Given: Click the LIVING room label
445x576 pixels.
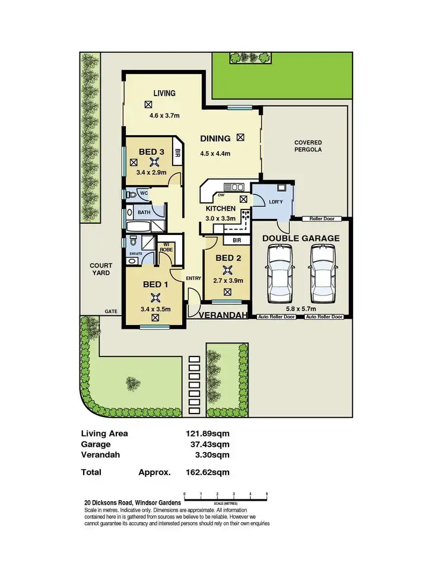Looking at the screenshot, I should (x=164, y=93).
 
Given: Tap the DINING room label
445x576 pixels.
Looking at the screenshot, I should (x=215, y=139).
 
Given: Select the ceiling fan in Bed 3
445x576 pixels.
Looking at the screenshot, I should (x=154, y=163).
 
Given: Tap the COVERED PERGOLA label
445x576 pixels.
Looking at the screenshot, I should (x=308, y=147).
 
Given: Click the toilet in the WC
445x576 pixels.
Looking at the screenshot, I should (x=132, y=194).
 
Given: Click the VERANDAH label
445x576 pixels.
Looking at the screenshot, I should (x=223, y=316).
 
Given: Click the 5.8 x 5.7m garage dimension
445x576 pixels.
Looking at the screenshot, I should (x=300, y=308).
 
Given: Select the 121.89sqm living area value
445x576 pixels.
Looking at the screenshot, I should (x=208, y=434).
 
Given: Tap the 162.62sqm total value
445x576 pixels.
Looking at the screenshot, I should (x=208, y=473).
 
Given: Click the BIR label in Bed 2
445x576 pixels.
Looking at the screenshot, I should (x=237, y=240).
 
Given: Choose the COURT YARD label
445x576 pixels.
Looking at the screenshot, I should (x=97, y=269).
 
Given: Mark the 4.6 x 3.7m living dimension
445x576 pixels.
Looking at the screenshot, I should (x=164, y=116).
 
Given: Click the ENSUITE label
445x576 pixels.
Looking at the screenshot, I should (x=136, y=253).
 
